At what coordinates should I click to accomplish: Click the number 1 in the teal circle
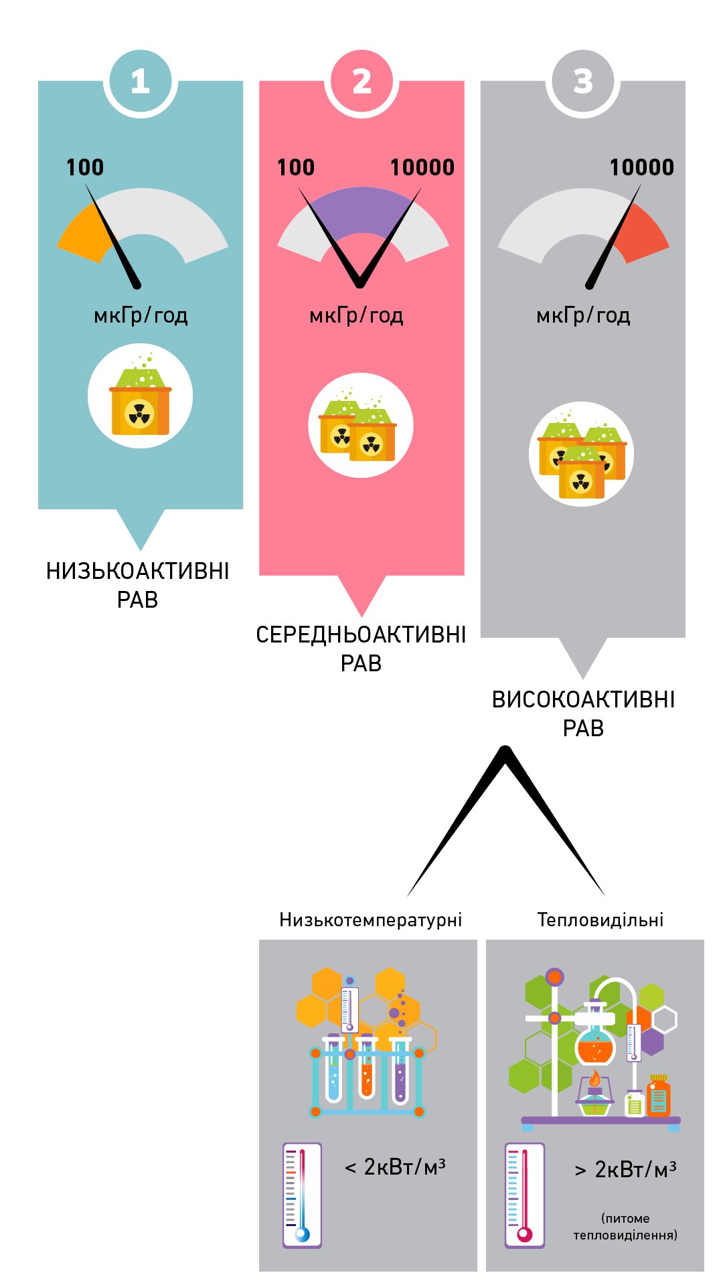[x=140, y=82]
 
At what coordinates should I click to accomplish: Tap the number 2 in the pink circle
[x=361, y=82]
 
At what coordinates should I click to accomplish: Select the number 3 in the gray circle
[x=583, y=82]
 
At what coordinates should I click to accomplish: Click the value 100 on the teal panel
[x=85, y=167]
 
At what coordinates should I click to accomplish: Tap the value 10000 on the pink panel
[x=422, y=167]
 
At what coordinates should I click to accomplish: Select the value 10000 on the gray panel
[x=641, y=167]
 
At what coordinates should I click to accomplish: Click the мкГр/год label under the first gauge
[x=141, y=315]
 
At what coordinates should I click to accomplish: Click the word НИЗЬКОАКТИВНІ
[x=138, y=571]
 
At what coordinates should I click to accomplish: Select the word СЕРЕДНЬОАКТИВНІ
[x=361, y=634]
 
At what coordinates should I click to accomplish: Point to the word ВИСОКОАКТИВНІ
[x=583, y=699]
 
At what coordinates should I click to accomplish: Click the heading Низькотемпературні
[x=370, y=920]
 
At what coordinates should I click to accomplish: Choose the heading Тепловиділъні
[x=600, y=920]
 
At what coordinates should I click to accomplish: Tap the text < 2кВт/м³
[x=395, y=1167]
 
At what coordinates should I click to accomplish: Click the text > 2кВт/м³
[x=625, y=1169]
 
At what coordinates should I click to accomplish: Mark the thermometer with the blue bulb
[x=302, y=1195]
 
